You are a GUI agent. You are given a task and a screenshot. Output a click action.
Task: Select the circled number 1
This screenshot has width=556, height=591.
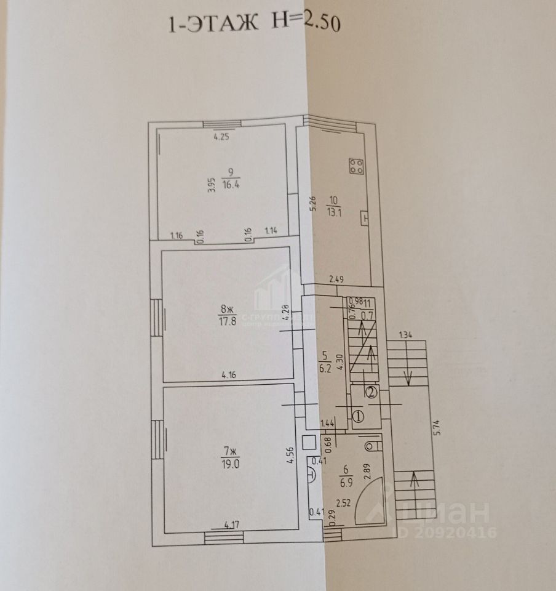click(359, 416)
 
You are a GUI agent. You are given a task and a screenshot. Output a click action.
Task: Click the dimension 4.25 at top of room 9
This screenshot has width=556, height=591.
click(221, 138)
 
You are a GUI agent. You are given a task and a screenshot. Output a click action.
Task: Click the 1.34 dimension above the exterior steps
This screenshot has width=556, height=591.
click(405, 335)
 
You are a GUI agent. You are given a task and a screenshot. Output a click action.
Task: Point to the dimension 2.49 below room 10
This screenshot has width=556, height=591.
click(336, 280)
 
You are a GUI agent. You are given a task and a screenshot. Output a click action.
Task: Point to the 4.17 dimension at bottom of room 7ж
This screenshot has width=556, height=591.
click(232, 525)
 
